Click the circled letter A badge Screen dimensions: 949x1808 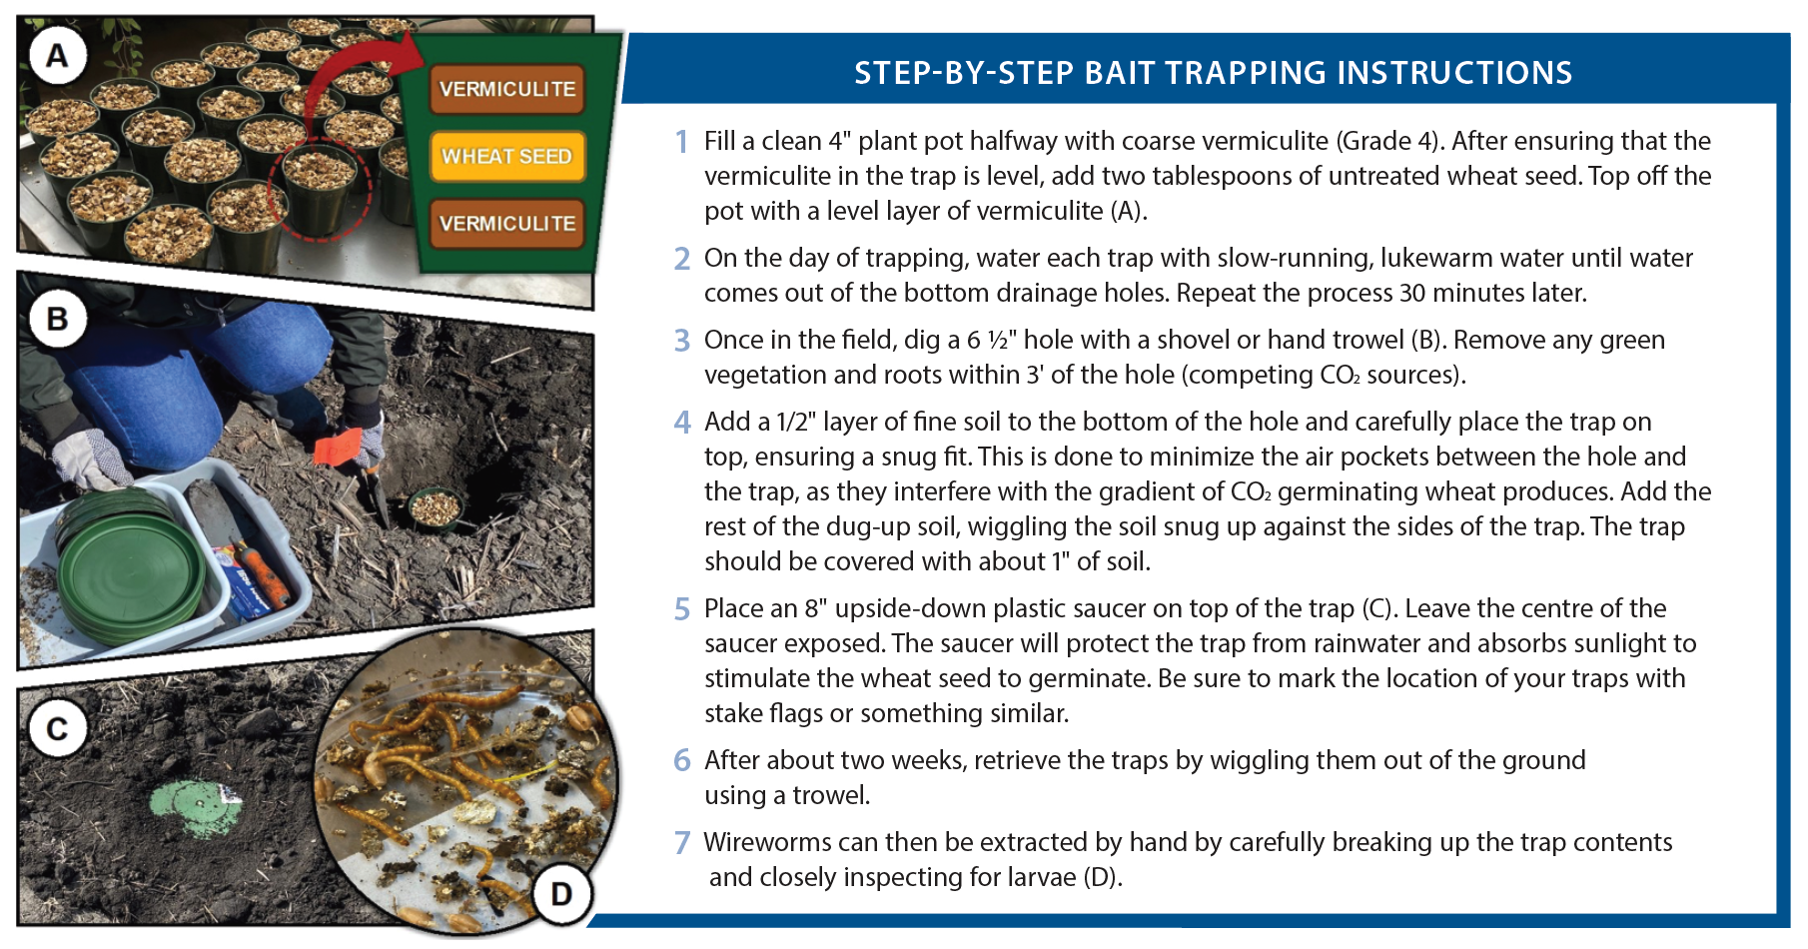click(x=57, y=56)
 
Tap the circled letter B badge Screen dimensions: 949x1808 click(x=57, y=320)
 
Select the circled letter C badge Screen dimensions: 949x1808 click(x=57, y=729)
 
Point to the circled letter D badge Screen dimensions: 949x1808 click(x=561, y=893)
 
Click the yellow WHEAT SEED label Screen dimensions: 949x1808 click(x=506, y=157)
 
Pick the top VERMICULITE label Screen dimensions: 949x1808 click(x=506, y=89)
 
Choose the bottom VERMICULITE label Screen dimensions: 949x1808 click(x=506, y=224)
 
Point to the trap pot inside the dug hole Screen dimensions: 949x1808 click(x=436, y=505)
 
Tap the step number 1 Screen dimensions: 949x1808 click(x=681, y=142)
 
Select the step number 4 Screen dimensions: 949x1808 click(x=681, y=423)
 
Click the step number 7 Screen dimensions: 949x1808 click(x=681, y=843)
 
